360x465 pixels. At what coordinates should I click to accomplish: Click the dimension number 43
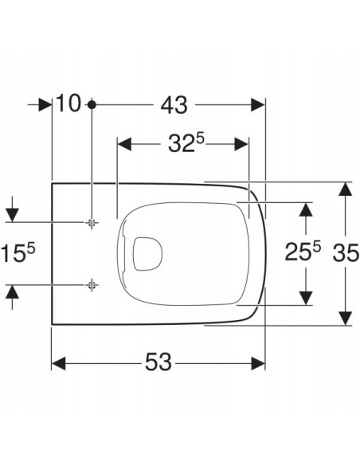pyautogui.click(x=174, y=105)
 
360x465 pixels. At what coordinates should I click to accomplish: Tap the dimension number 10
pyautogui.click(x=68, y=103)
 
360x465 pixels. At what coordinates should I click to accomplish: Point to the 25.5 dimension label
pyautogui.click(x=303, y=251)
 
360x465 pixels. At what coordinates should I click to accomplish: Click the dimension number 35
pyautogui.click(x=346, y=253)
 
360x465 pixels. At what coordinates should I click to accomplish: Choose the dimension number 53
pyautogui.click(x=158, y=362)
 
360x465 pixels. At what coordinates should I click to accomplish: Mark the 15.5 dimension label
pyautogui.click(x=18, y=252)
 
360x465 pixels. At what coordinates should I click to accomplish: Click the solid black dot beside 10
pyautogui.click(x=92, y=104)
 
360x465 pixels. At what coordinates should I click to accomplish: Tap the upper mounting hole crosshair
pyautogui.click(x=92, y=222)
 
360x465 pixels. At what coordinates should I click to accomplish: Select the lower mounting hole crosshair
pyautogui.click(x=92, y=285)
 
